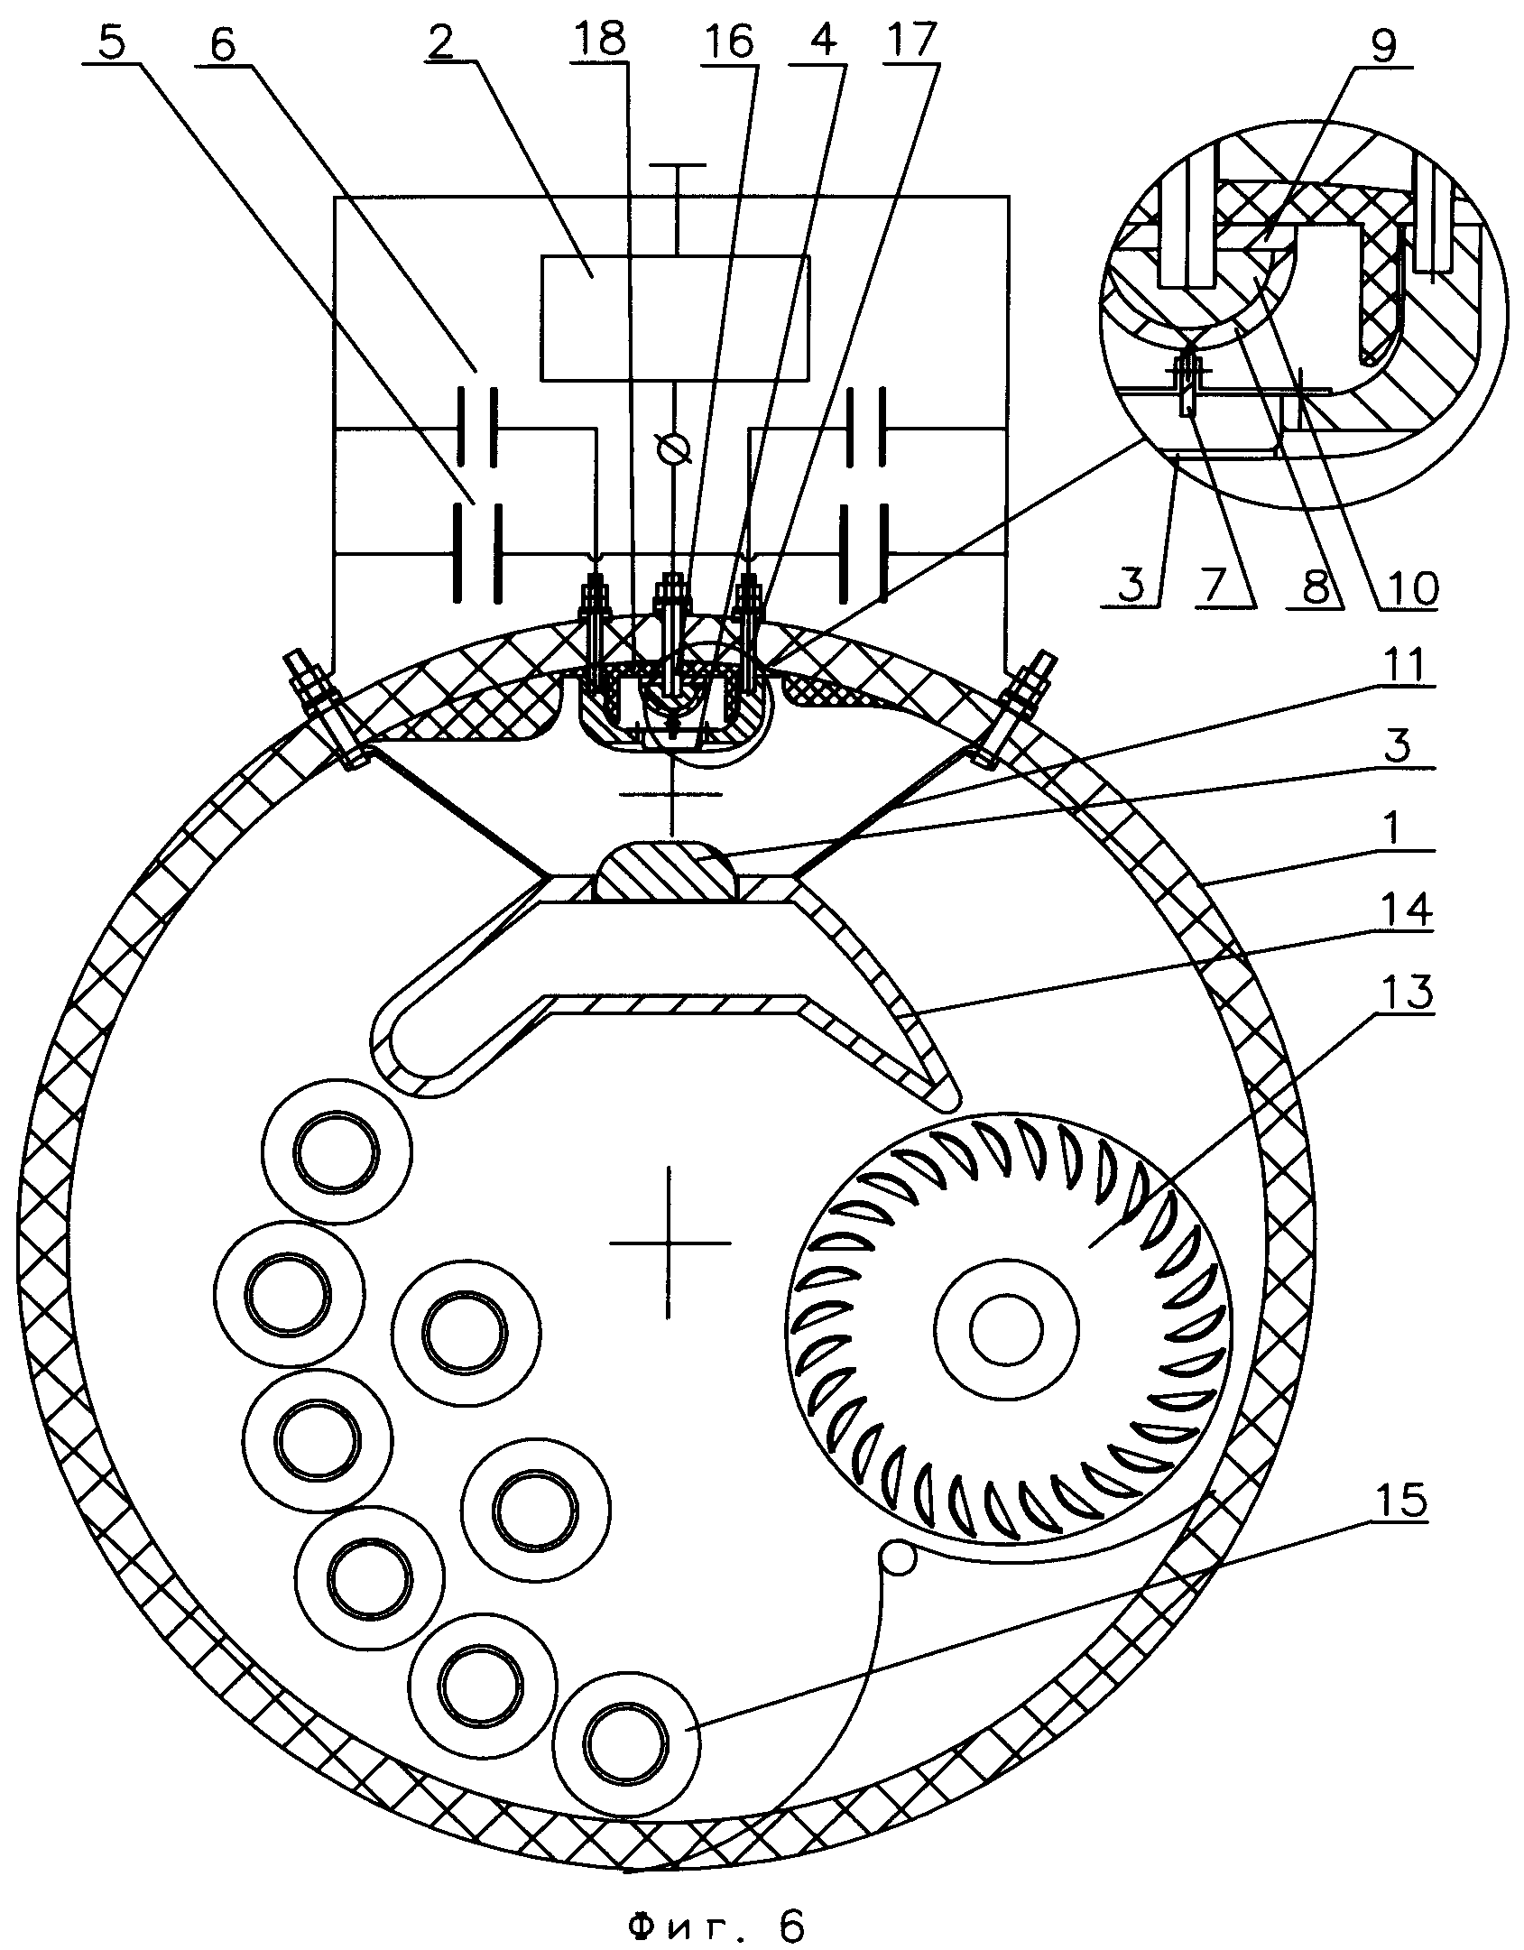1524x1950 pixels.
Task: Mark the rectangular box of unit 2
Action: click(x=675, y=318)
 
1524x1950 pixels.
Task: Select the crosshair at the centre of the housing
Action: click(x=669, y=1243)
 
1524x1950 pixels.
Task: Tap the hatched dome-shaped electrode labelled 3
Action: click(x=667, y=872)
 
